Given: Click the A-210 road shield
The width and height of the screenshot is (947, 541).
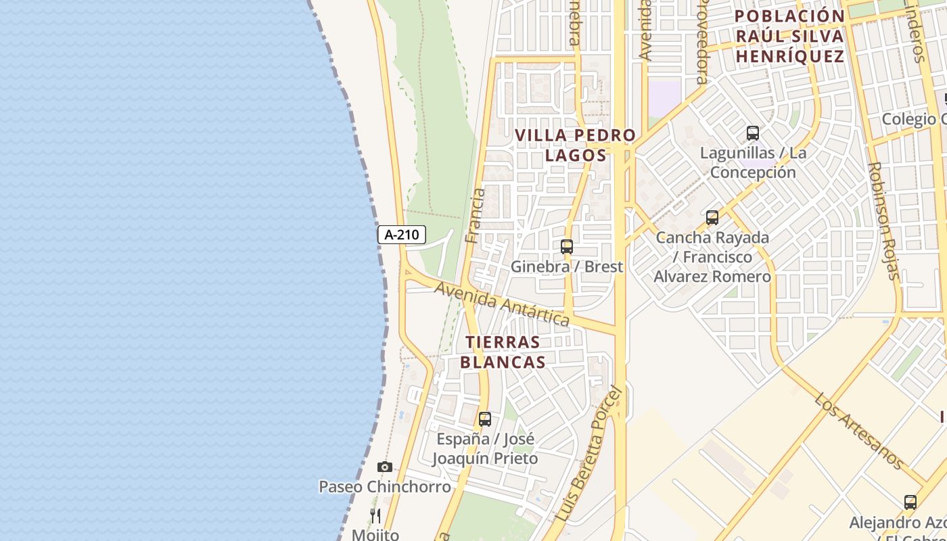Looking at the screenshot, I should pos(401,235).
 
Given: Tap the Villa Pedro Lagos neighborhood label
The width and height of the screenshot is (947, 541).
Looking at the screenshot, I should pos(575,145).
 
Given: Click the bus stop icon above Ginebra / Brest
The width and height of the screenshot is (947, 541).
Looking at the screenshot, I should pos(567,247).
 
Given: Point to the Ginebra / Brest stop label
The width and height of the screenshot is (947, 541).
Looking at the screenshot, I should pos(566,266).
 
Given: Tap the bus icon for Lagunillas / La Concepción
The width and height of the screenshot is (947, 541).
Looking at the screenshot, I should pos(753,133).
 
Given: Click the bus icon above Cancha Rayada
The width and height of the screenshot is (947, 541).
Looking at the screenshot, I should pos(712,218).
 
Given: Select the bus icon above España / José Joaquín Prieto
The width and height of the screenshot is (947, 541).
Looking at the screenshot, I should pos(484,419).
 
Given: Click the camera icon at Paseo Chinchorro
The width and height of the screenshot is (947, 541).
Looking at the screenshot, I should pos(384,467).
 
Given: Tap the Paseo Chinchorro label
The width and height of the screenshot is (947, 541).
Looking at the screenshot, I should pos(384,486).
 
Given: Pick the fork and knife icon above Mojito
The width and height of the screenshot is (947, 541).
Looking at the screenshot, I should pos(375,516).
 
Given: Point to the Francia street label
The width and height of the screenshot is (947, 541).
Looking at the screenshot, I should pos(476,216).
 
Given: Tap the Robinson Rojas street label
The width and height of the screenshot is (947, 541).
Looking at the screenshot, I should pos(884,220).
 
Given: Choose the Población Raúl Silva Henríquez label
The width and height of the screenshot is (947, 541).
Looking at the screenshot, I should pos(789,36).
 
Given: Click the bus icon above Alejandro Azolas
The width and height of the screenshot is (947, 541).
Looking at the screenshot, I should pos(910,502).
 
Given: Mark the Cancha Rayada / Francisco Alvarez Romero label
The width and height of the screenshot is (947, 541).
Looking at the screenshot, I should pos(712,257).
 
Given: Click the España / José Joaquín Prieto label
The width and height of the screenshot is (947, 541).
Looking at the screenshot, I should pos(485,448).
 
